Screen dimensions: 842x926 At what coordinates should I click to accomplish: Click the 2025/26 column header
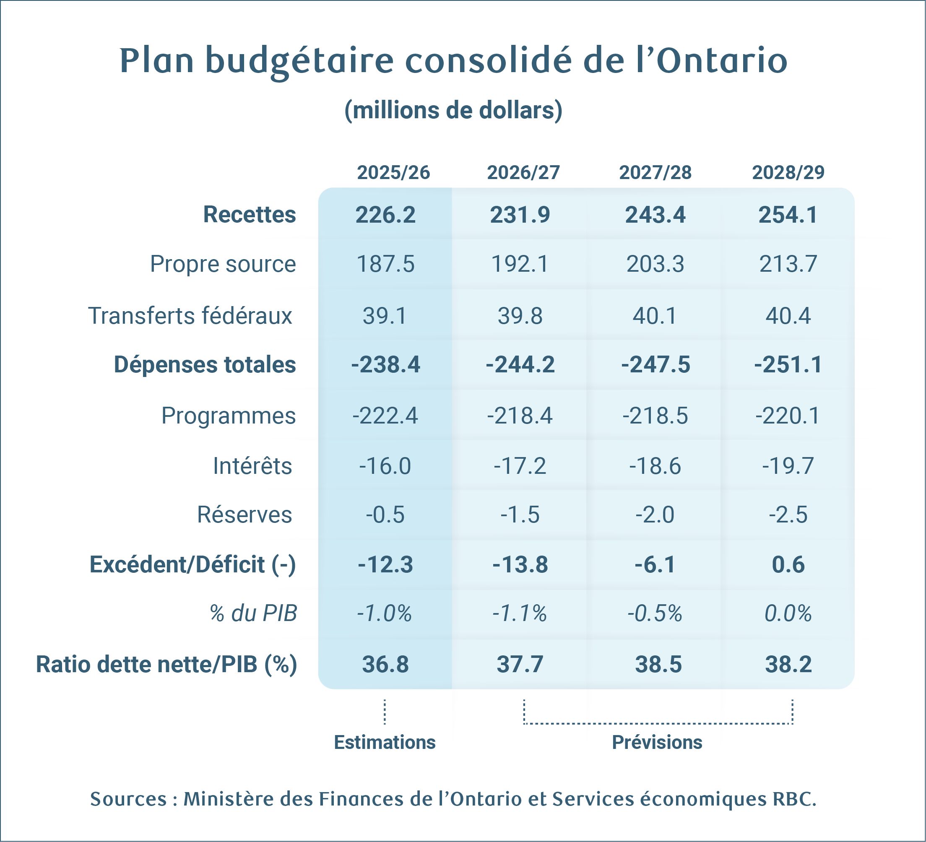pyautogui.click(x=393, y=173)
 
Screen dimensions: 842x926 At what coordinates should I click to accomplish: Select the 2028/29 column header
pyautogui.click(x=788, y=173)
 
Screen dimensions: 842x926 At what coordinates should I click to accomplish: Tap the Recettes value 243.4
pyautogui.click(x=655, y=215)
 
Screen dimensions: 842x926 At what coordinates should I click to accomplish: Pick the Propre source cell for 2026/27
pyautogui.click(x=520, y=264)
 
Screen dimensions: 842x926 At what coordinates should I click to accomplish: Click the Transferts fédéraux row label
pyautogui.click(x=190, y=316)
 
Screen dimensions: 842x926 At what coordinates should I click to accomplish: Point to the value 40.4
pyautogui.click(x=788, y=316)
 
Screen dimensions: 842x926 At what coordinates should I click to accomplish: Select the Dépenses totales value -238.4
pyautogui.click(x=385, y=365)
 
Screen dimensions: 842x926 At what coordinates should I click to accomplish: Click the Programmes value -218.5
pyautogui.click(x=655, y=416)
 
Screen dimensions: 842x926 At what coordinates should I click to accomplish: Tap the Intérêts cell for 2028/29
pyautogui.click(x=788, y=466)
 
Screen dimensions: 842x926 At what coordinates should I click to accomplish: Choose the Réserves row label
pyautogui.click(x=245, y=515)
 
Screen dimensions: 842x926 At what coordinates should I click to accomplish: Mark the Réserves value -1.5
pyautogui.click(x=520, y=515)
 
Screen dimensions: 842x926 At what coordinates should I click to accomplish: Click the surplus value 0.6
pyautogui.click(x=788, y=564)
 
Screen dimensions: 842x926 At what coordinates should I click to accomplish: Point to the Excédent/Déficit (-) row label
pyautogui.click(x=192, y=564)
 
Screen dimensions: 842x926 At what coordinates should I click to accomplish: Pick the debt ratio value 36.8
pyautogui.click(x=385, y=665)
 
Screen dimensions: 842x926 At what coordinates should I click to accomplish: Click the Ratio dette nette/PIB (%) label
pyautogui.click(x=166, y=665)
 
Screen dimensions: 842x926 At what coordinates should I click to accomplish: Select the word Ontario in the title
pyautogui.click(x=722, y=61)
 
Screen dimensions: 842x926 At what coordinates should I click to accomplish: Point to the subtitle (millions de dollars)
pyautogui.click(x=453, y=111)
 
